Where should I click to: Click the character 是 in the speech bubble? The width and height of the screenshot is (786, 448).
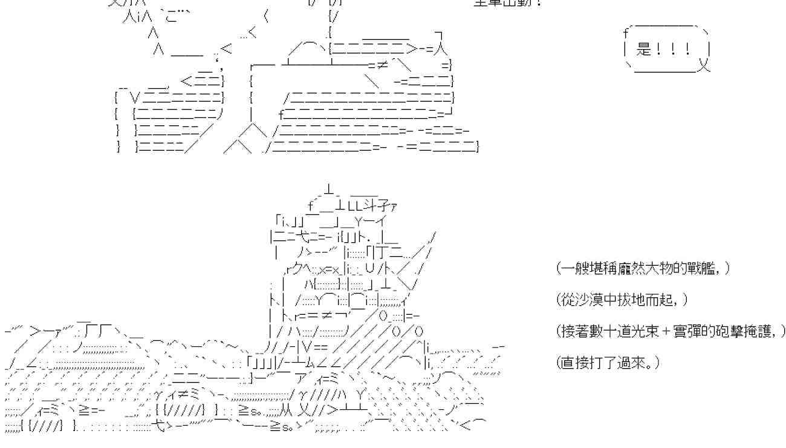(644, 50)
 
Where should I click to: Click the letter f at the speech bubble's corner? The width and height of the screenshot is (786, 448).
(625, 34)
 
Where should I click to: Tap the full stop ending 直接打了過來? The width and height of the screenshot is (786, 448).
(656, 365)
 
